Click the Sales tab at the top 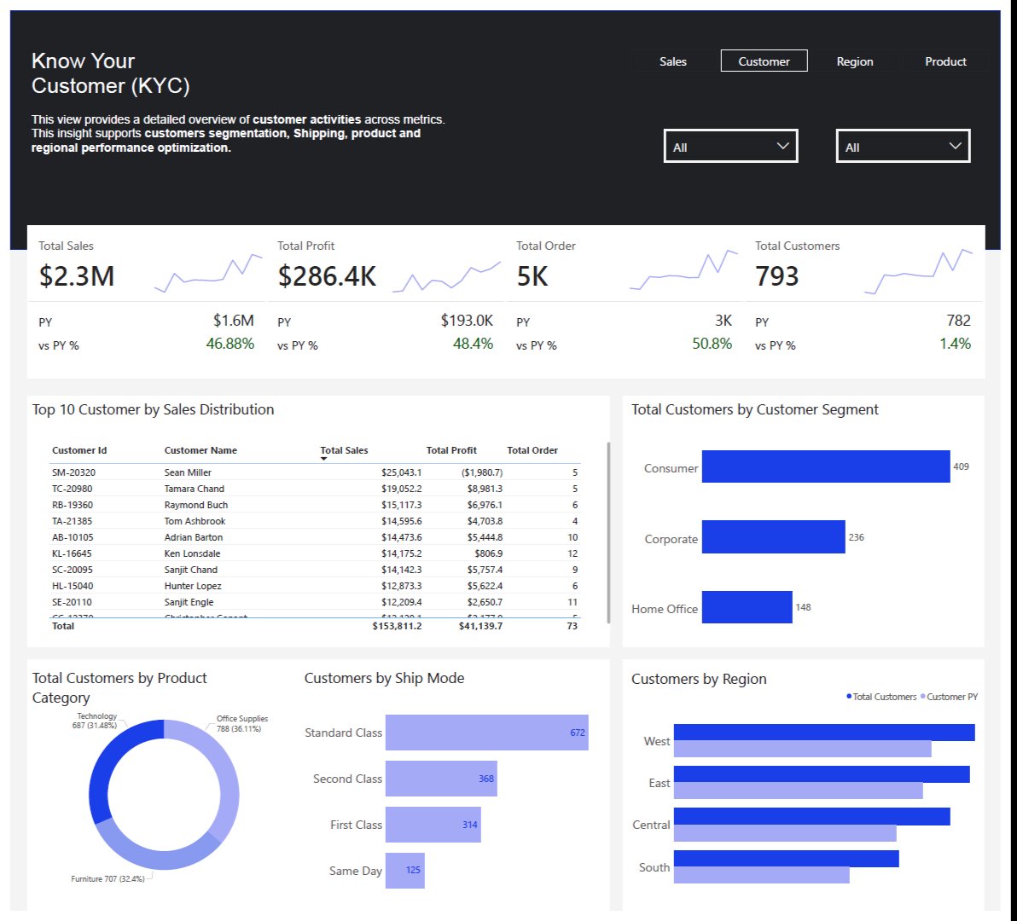[x=672, y=61]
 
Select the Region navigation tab [x=854, y=61]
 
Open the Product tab [x=945, y=61]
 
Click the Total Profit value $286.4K [x=327, y=276]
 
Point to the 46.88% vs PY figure [x=230, y=344]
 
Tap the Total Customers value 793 [x=776, y=276]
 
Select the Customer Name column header [x=200, y=450]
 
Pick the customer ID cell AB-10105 [x=73, y=537]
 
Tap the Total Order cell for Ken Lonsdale [x=572, y=553]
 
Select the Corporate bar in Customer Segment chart [x=773, y=537]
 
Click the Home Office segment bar [x=747, y=607]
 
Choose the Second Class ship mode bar [x=441, y=779]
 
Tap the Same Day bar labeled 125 [x=404, y=870]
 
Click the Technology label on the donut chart [x=96, y=716]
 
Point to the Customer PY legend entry [x=951, y=697]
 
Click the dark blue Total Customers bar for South [x=786, y=858]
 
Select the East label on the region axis [x=659, y=783]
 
